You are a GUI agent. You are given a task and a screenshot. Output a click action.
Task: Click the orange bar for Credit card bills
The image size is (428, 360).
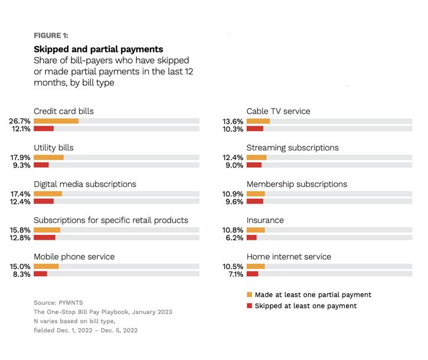[56, 121]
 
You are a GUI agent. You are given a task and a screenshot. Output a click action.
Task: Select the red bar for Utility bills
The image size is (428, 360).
[41, 165]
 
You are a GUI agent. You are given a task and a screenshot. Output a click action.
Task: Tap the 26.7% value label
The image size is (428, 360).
[19, 121]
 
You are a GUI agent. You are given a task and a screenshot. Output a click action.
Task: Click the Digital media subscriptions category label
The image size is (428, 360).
[85, 184]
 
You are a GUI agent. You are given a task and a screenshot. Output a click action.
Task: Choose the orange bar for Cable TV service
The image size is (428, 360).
[258, 121]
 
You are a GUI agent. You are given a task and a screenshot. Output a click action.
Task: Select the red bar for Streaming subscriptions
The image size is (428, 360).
[254, 165]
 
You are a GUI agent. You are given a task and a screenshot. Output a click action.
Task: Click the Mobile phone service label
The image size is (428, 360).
[74, 257]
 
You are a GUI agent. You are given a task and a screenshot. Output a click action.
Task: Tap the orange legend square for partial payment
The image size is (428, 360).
[249, 294]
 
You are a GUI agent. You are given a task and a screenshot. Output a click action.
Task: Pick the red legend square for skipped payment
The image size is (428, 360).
[249, 306]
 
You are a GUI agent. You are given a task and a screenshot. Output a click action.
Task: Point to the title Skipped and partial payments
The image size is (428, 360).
[98, 49]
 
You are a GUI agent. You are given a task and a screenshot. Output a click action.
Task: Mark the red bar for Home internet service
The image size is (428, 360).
[252, 274]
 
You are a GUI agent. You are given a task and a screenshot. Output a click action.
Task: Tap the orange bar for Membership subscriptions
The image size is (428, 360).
[256, 194]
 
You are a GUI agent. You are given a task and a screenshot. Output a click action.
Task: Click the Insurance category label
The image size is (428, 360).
[265, 220]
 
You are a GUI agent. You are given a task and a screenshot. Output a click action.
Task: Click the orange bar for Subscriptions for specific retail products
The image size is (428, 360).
[47, 230]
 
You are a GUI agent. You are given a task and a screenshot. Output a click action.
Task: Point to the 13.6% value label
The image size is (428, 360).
[233, 121]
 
